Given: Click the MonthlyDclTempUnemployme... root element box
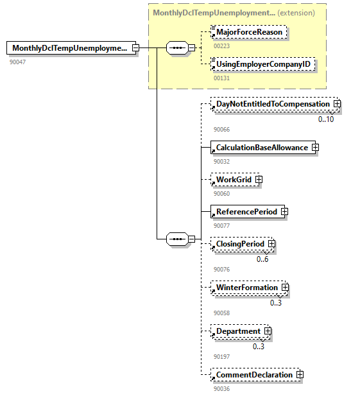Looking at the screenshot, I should tap(69, 48).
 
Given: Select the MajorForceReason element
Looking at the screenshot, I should tap(249, 31).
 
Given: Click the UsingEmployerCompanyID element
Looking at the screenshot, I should tap(263, 65).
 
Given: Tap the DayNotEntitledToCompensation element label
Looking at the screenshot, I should tap(272, 104).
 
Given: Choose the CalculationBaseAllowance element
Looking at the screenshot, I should tap(261, 148).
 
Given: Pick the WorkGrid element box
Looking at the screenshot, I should tap(234, 180).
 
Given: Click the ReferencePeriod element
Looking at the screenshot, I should tap(246, 212).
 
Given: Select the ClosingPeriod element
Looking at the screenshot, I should tap(239, 244).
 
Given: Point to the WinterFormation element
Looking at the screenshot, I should tap(247, 288).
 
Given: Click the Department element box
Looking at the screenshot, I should tap(238, 331).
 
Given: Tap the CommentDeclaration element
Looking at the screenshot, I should tap(254, 375).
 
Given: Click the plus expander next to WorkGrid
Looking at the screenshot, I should tap(259, 180).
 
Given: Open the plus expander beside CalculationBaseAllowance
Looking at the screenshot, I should tap(315, 148).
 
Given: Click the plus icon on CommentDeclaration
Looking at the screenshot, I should tap(300, 375).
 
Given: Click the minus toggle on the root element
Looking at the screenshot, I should tap(135, 48).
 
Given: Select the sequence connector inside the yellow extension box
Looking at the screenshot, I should tap(176, 48).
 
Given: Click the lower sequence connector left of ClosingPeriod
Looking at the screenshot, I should tap(176, 239).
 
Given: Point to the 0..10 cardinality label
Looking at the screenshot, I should tap(326, 119).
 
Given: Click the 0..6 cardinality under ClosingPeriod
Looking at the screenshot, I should tap(262, 259).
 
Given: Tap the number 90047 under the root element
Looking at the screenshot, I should tap(18, 62).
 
